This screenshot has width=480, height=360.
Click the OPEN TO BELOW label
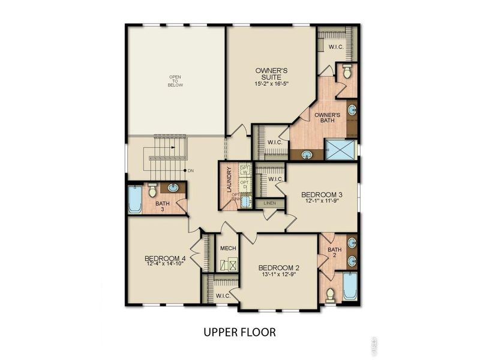pyautogui.click(x=175, y=81)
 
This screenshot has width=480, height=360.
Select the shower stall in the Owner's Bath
pyautogui.click(x=340, y=148)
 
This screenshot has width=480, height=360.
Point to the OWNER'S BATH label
pyautogui.click(x=328, y=118)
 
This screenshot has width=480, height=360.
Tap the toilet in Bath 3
pyautogui.click(x=152, y=190)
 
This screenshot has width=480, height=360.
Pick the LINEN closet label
pyautogui.click(x=269, y=204)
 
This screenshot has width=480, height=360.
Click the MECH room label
pyautogui.click(x=227, y=248)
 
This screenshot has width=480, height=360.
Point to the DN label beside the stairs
pyautogui.click(x=191, y=171)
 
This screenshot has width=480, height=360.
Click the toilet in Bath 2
pyautogui.click(x=329, y=294)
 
